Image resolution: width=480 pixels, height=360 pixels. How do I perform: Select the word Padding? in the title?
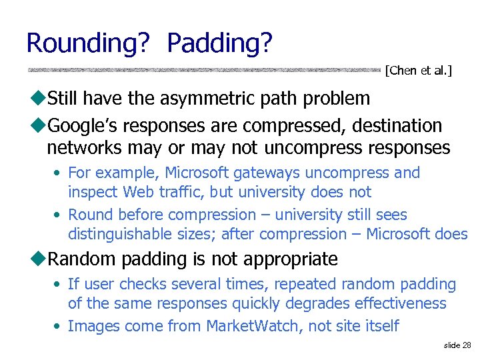tap(219, 43)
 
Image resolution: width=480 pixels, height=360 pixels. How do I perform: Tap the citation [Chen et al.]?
tap(419, 71)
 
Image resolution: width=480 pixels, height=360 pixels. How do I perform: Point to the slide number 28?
tap(457, 345)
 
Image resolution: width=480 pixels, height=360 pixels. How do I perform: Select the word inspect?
tap(92, 192)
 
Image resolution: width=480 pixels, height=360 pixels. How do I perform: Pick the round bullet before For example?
tap(59, 173)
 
